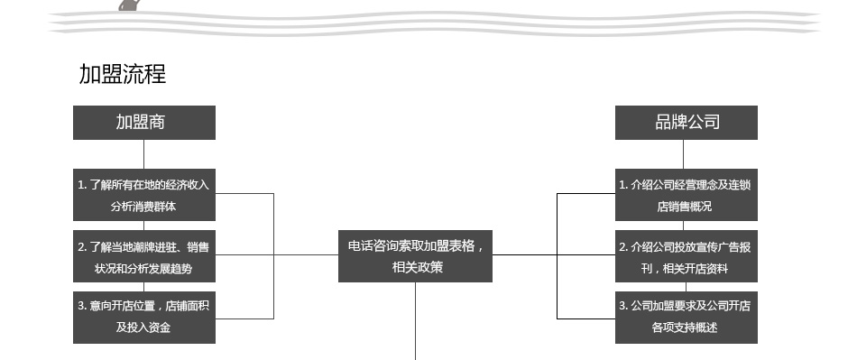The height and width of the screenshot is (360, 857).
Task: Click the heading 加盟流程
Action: [x=123, y=74]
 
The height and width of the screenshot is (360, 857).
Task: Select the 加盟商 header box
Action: [x=144, y=123]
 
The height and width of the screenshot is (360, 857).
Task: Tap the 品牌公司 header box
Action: [x=687, y=123]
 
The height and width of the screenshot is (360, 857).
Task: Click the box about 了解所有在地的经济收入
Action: [x=144, y=195]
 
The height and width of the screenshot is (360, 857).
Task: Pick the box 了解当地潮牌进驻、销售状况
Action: [x=144, y=256]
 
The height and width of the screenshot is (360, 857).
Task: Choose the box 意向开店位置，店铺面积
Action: [x=144, y=318]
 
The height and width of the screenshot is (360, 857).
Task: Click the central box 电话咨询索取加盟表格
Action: [x=415, y=256]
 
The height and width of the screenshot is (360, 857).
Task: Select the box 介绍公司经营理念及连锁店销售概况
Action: [x=687, y=195]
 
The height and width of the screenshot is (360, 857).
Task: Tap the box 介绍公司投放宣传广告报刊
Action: [x=687, y=256]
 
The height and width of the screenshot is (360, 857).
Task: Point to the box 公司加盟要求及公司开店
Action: [x=687, y=318]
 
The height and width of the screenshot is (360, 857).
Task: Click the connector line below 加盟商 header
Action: [x=143, y=154]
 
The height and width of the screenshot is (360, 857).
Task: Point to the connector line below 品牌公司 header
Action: [x=683, y=154]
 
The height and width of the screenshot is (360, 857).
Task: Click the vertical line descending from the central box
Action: [x=415, y=321]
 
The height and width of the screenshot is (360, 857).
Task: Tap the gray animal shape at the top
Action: [x=129, y=5]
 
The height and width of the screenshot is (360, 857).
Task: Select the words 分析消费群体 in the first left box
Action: [x=143, y=207]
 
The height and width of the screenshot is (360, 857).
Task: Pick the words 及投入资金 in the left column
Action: [x=143, y=328]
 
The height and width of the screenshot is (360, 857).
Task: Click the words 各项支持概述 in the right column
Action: [x=685, y=328]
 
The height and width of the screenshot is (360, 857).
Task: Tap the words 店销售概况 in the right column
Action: [x=685, y=207]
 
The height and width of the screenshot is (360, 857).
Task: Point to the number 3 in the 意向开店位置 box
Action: [x=80, y=306]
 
